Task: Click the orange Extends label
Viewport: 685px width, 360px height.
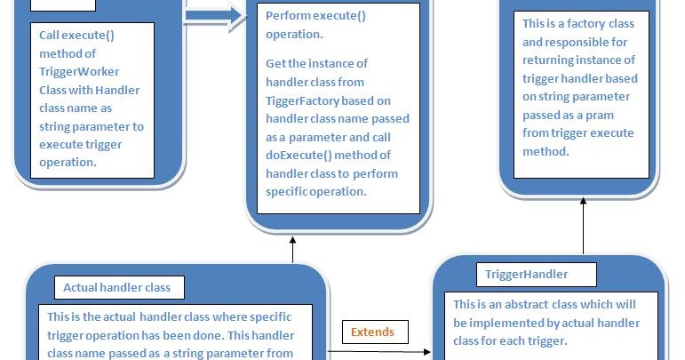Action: pos(373,332)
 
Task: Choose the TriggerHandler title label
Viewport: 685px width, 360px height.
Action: pos(527,274)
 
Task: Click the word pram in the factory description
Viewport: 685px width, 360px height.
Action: pos(604,115)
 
